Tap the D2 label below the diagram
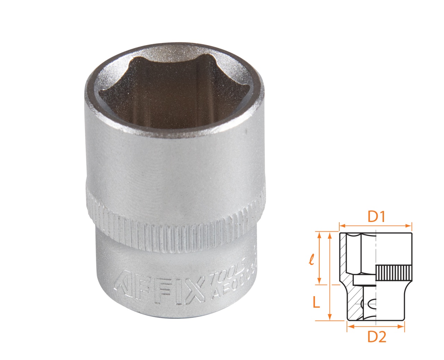(376, 336)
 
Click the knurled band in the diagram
(394, 273)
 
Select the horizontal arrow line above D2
(376, 326)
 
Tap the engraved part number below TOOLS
(232, 284)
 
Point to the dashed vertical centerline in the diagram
(375, 257)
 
